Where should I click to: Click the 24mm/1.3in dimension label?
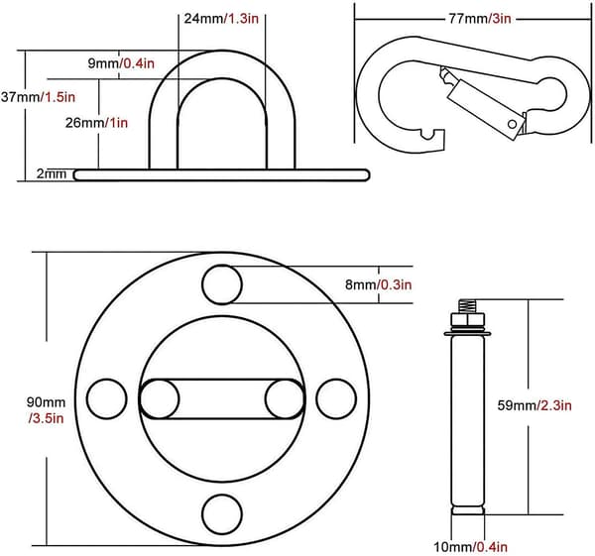click(x=221, y=18)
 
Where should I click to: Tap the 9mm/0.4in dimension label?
click(x=121, y=63)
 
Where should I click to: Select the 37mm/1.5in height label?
click(x=38, y=97)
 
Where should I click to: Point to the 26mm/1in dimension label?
click(x=96, y=123)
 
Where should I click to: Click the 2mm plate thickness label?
click(x=52, y=173)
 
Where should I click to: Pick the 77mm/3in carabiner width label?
click(x=480, y=18)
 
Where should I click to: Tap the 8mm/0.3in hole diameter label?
click(x=379, y=284)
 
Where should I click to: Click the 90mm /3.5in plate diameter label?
click(x=46, y=410)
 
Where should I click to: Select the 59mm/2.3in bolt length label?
click(x=535, y=405)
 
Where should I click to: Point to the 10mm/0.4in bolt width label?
click(x=470, y=547)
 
